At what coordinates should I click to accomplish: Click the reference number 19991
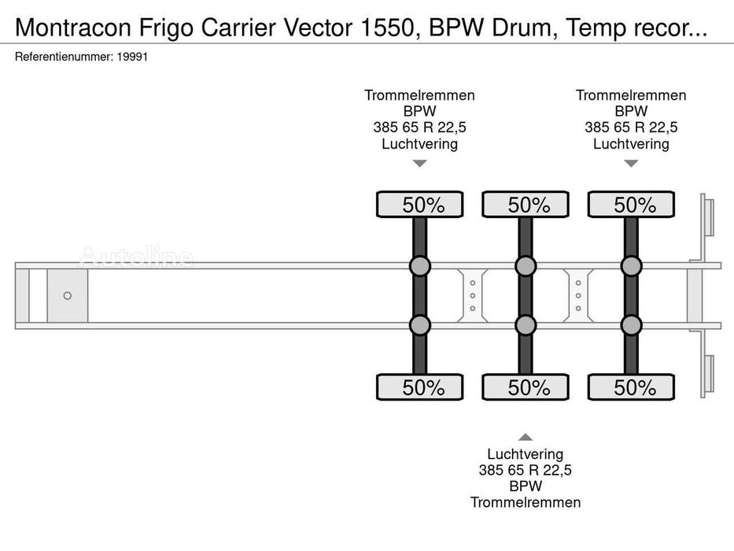coord(132,57)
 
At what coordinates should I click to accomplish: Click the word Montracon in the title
coord(73,28)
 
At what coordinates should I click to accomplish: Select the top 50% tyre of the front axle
coord(420,205)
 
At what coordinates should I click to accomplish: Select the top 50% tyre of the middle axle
coord(526,205)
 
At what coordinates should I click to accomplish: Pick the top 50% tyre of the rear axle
coord(631,205)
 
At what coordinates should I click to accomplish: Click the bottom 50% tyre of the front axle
coord(420,387)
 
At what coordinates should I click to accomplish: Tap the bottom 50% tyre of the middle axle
coord(526,387)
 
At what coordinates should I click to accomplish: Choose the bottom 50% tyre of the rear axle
coord(631,387)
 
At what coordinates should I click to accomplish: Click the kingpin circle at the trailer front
coord(68,296)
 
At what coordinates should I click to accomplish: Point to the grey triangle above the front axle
coord(420,163)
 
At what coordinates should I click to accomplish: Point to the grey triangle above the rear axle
coord(631,163)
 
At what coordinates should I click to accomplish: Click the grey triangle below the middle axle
coord(526,437)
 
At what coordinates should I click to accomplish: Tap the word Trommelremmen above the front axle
coord(420,95)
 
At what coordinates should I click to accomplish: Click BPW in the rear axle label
coord(631,111)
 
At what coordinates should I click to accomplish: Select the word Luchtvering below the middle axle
coord(526,454)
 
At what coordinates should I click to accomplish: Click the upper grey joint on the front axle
coord(420,266)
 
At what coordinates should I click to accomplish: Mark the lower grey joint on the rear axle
coord(631,325)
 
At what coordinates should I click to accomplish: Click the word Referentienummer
coord(65,57)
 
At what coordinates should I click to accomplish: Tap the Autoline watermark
coord(136,257)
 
